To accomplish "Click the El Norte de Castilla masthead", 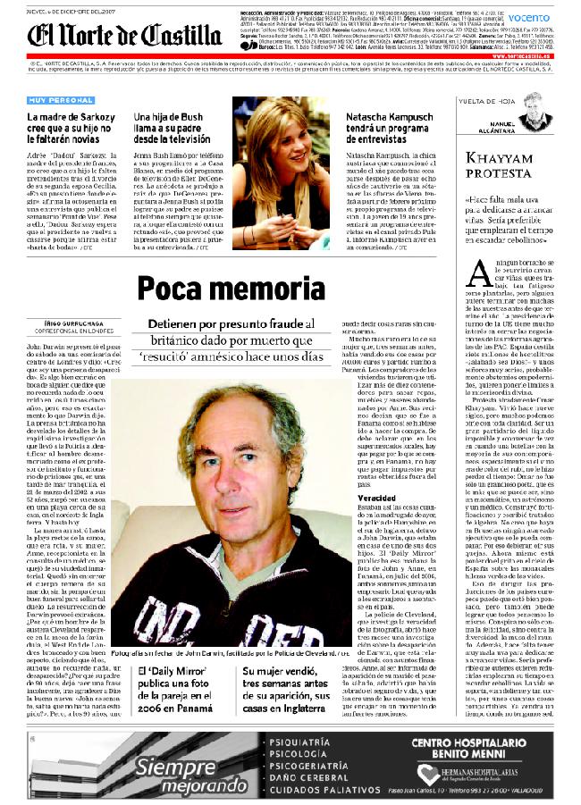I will coord(123,36).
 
